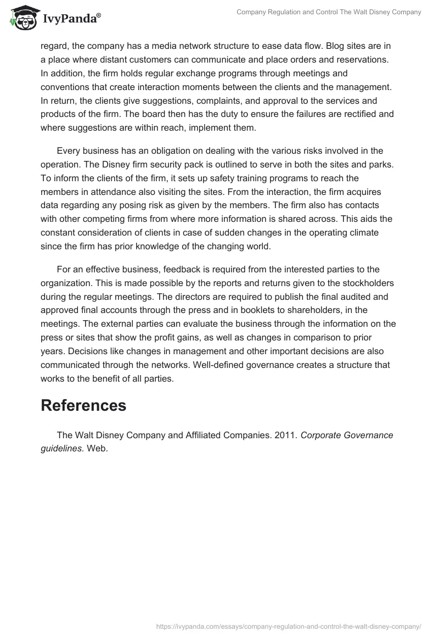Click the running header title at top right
[x=329, y=12]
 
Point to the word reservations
[x=363, y=59]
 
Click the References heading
[x=83, y=406]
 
